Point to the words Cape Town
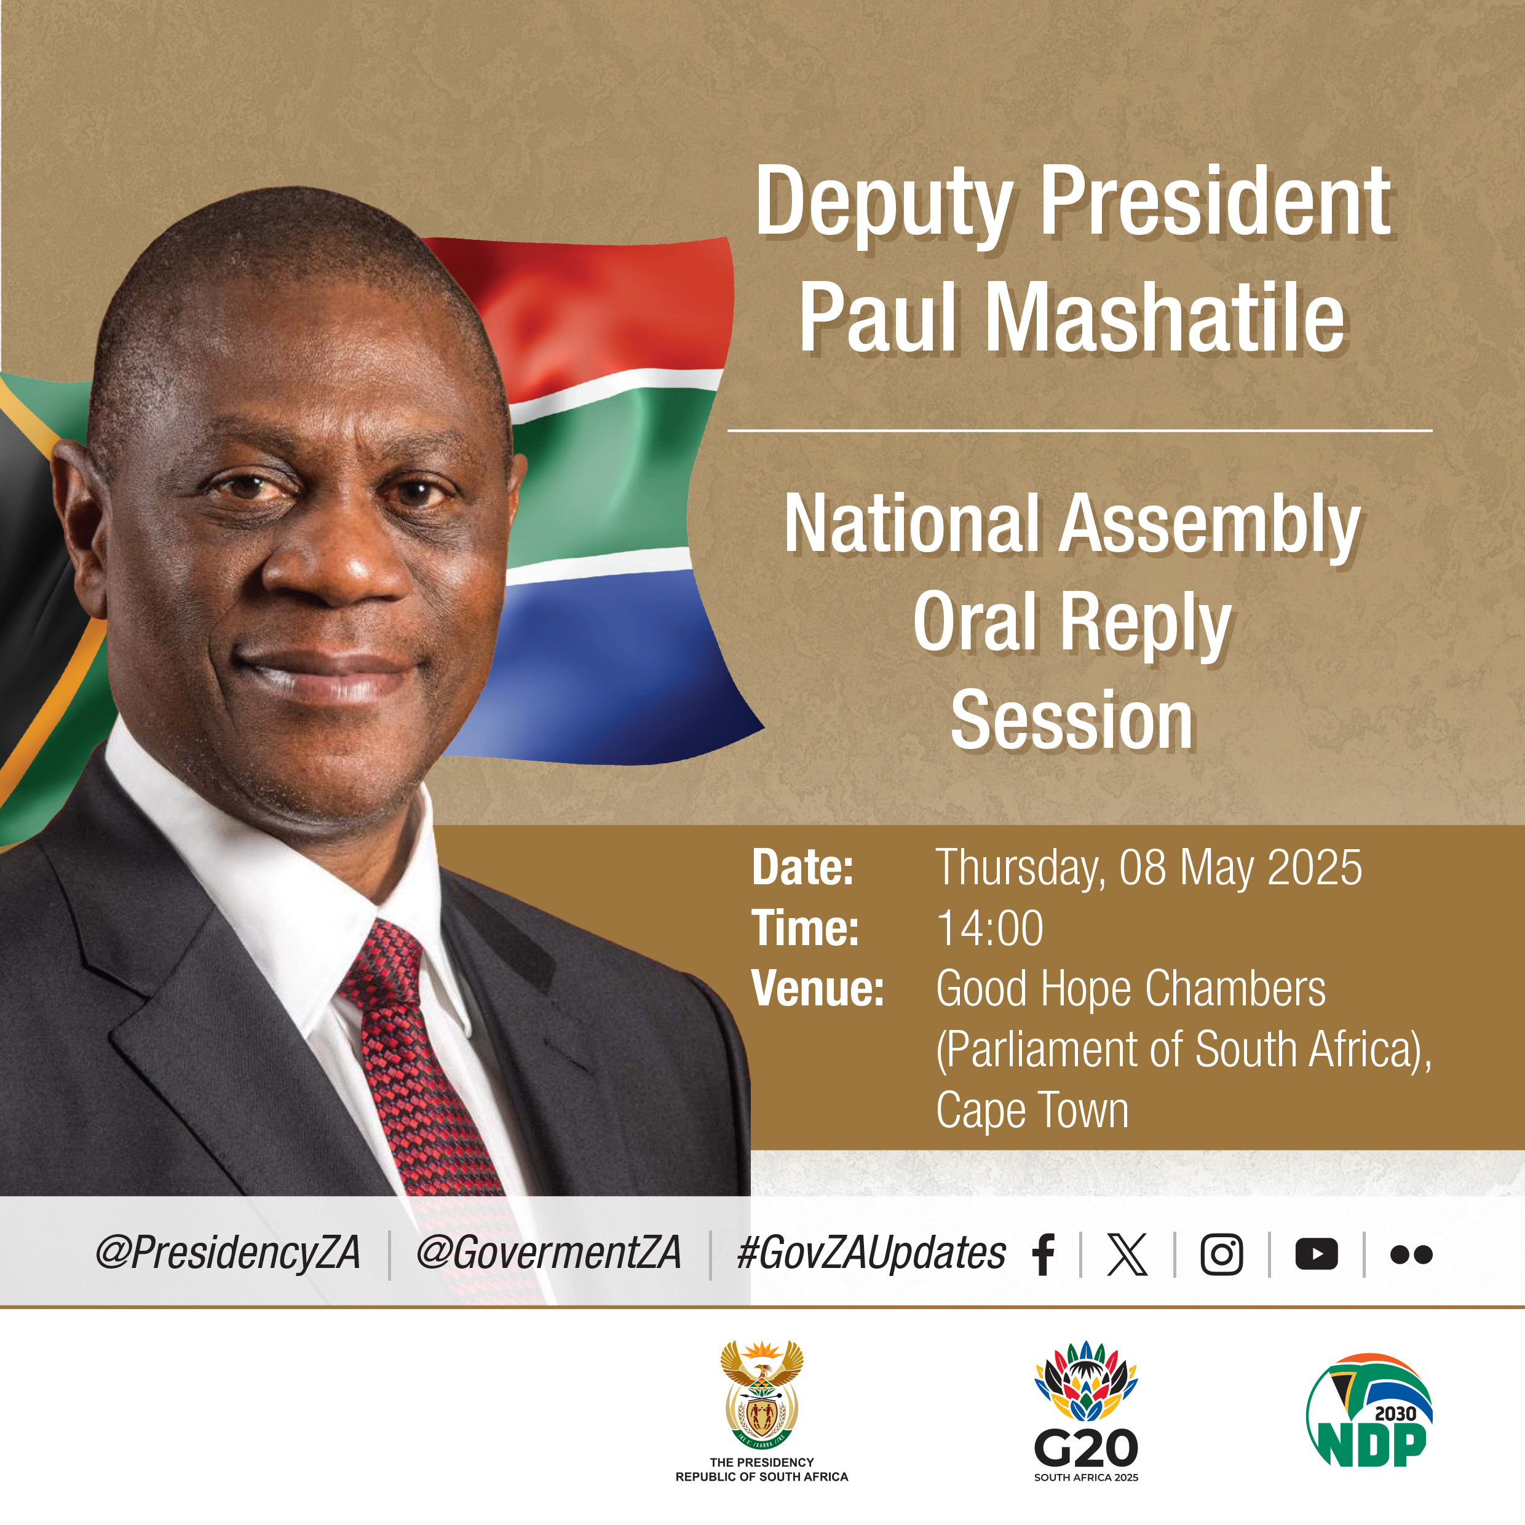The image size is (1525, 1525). (x=1032, y=1110)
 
